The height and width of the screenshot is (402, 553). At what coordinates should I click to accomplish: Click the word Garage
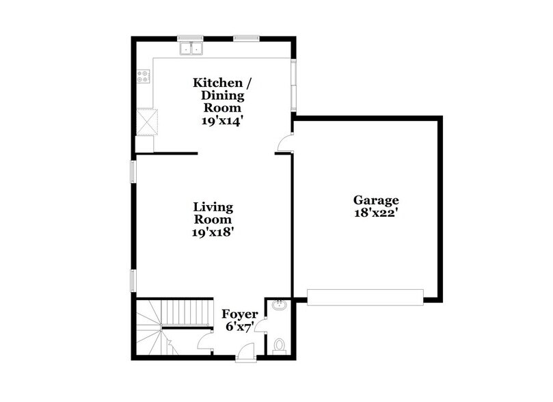click(x=375, y=200)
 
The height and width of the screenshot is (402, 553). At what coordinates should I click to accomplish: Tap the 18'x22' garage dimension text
click(x=375, y=213)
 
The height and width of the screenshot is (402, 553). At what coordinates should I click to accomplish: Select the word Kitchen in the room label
click(x=218, y=83)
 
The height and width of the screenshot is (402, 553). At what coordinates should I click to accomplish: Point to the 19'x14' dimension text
click(x=222, y=120)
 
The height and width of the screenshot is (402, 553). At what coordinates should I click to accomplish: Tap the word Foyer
click(x=240, y=314)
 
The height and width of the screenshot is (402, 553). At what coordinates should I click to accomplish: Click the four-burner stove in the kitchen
click(x=144, y=77)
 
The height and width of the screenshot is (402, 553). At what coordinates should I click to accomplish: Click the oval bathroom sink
click(x=278, y=305)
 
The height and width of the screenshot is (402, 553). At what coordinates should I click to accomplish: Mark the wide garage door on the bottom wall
click(x=365, y=297)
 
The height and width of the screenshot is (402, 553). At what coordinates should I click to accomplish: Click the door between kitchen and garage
click(x=286, y=144)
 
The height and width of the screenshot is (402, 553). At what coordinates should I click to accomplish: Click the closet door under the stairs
click(x=204, y=342)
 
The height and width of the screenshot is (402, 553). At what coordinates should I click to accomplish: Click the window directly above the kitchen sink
click(x=187, y=38)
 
